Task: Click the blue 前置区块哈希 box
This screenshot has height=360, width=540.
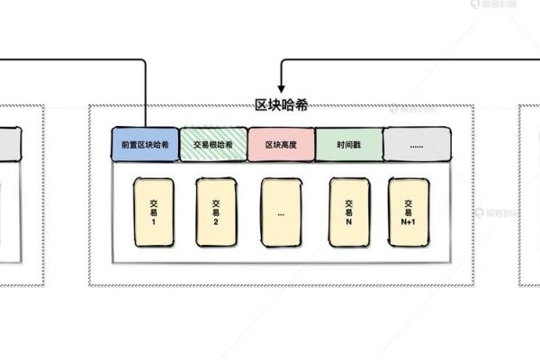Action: (x=144, y=145)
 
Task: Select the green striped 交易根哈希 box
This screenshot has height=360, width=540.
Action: (x=213, y=145)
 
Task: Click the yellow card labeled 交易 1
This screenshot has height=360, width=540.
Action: (x=153, y=212)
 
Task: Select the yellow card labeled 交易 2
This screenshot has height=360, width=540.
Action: (x=216, y=212)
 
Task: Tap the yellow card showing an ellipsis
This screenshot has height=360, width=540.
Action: (x=281, y=212)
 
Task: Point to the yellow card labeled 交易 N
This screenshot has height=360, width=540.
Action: (x=348, y=212)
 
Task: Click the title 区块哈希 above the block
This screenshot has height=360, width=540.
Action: (x=282, y=105)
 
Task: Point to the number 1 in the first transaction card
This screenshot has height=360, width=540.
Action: (x=153, y=221)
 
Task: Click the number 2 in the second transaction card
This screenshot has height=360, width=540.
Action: (x=216, y=221)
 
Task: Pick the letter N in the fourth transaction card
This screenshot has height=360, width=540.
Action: (x=348, y=221)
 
